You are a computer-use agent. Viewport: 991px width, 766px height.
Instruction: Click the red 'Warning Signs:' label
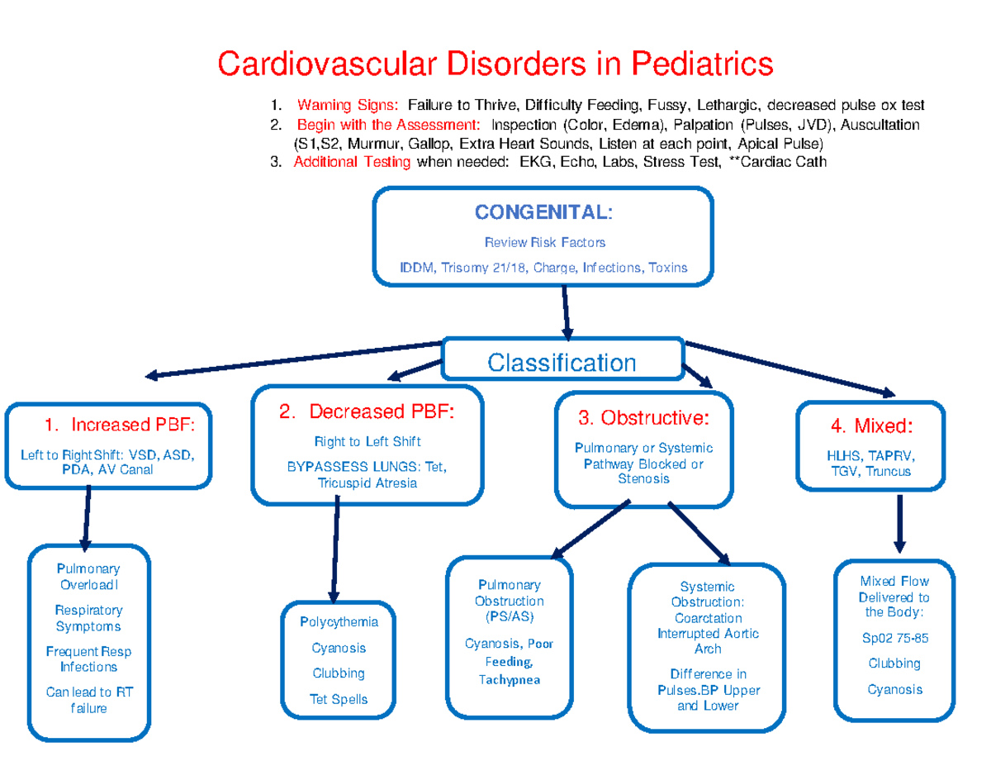[x=348, y=106]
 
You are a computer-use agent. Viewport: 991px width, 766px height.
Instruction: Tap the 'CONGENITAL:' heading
[x=543, y=212]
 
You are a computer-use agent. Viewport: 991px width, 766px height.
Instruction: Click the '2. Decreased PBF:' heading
[x=367, y=412]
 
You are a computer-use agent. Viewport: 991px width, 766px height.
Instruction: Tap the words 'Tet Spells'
[x=339, y=699]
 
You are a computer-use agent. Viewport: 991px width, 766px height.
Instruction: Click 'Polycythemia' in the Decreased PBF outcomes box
[x=339, y=621]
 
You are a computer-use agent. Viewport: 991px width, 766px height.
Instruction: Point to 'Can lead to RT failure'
[x=88, y=700]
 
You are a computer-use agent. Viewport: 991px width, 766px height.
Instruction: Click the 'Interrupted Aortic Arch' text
[x=708, y=641]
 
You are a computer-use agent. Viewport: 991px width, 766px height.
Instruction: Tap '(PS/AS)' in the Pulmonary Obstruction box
[x=509, y=616]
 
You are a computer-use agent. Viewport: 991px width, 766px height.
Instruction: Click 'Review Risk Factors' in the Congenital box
[x=544, y=242]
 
